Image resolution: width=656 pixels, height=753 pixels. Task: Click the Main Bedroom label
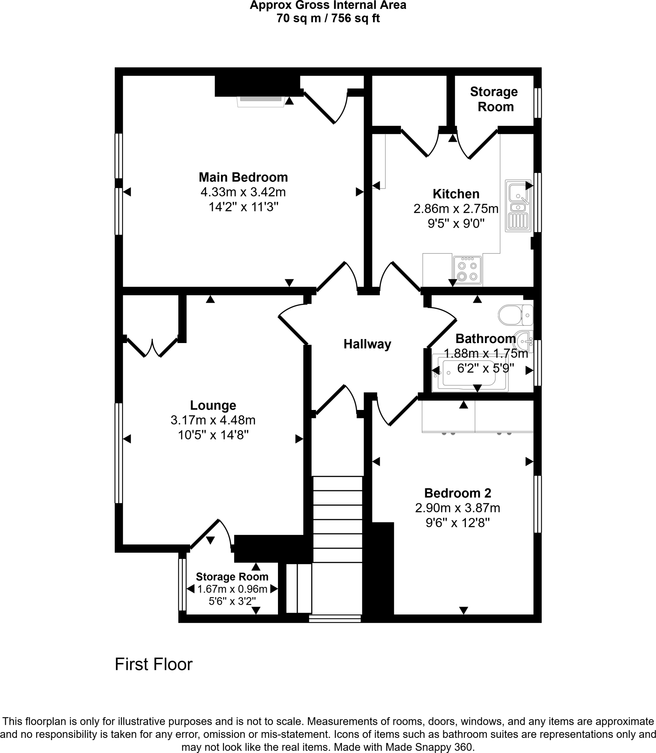tap(243, 177)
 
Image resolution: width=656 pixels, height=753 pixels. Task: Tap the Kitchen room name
tap(456, 194)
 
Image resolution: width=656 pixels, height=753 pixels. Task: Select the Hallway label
tap(367, 344)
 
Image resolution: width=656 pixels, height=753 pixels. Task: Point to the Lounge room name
tap(213, 405)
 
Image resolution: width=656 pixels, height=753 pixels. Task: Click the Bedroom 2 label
tap(457, 493)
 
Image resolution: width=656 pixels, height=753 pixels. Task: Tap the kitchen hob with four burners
tap(467, 270)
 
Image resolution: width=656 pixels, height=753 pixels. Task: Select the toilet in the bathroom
tap(513, 315)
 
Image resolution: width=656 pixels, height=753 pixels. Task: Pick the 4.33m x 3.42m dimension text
tap(243, 192)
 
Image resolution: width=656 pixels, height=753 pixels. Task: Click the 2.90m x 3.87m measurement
tap(457, 508)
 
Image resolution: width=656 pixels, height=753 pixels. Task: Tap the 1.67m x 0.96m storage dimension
tap(232, 589)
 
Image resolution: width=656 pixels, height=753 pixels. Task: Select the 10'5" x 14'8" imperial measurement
tap(213, 435)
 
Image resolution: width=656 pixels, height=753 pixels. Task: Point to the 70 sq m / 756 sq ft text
tap(328, 18)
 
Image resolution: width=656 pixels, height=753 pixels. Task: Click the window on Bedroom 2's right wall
tap(537, 504)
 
